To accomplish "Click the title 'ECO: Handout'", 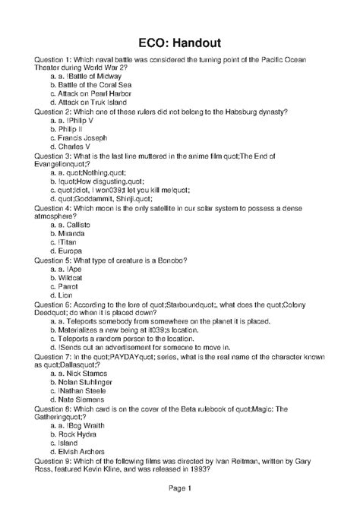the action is click(179, 43).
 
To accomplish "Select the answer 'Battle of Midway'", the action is click(93, 76).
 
